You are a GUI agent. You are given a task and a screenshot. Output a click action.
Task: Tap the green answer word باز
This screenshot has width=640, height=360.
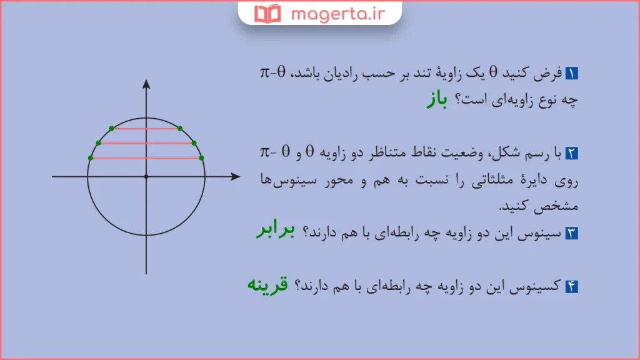(437, 100)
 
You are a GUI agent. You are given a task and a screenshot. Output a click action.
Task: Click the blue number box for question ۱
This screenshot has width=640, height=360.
(572, 74)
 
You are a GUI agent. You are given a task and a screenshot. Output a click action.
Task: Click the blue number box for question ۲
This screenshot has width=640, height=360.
(572, 153)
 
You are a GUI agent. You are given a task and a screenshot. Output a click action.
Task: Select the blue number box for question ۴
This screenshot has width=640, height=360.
(572, 287)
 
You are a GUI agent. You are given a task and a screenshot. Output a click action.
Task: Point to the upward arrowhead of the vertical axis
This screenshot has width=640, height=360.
(146, 84)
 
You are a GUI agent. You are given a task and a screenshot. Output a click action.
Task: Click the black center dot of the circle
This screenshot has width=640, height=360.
(146, 177)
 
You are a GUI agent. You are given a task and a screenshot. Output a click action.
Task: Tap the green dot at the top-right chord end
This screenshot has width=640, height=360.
(180, 129)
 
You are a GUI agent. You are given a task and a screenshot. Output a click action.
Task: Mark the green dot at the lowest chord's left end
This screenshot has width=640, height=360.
(91, 157)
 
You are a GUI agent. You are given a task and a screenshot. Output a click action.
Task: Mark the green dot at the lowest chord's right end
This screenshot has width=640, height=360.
(201, 157)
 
